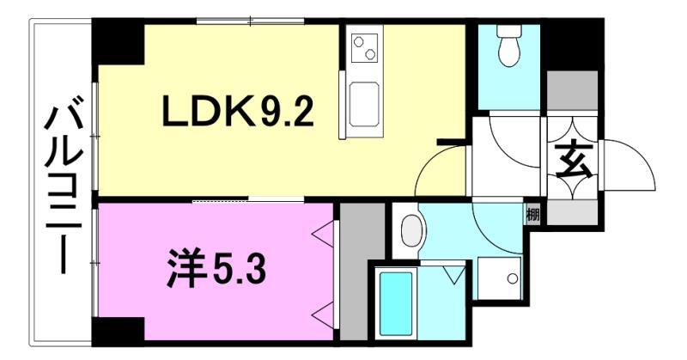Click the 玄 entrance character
pyautogui.click(x=571, y=160)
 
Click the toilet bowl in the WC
pyautogui.click(x=508, y=49)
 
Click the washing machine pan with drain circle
pyautogui.click(x=501, y=277)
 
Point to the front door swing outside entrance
pyautogui.click(x=629, y=168)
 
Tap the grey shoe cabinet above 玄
pyautogui.click(x=573, y=90)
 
